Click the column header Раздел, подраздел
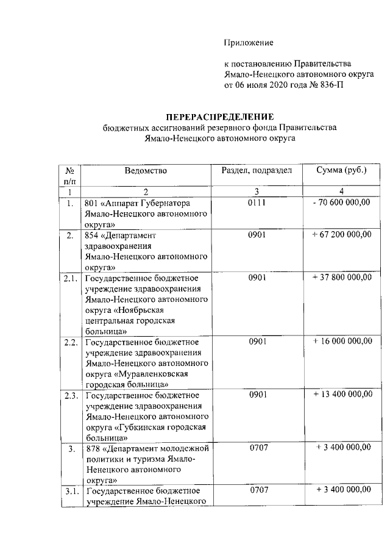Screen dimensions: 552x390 tap(257, 170)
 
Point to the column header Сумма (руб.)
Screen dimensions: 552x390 tap(341, 170)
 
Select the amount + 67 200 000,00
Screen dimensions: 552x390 tap(341, 234)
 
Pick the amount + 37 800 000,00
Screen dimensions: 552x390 tap(341, 277)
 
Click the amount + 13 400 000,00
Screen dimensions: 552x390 tap(341, 395)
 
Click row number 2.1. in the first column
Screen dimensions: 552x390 tap(71, 277)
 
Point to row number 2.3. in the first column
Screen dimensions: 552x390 tap(71, 395)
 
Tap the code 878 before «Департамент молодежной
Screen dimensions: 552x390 tap(93, 448)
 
